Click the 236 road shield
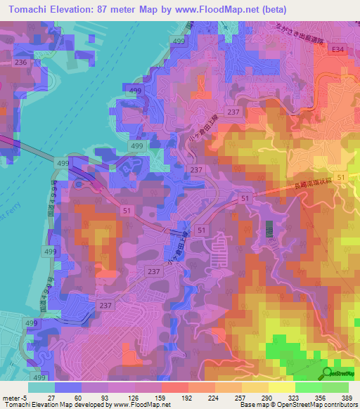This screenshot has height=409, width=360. pos(21,63)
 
